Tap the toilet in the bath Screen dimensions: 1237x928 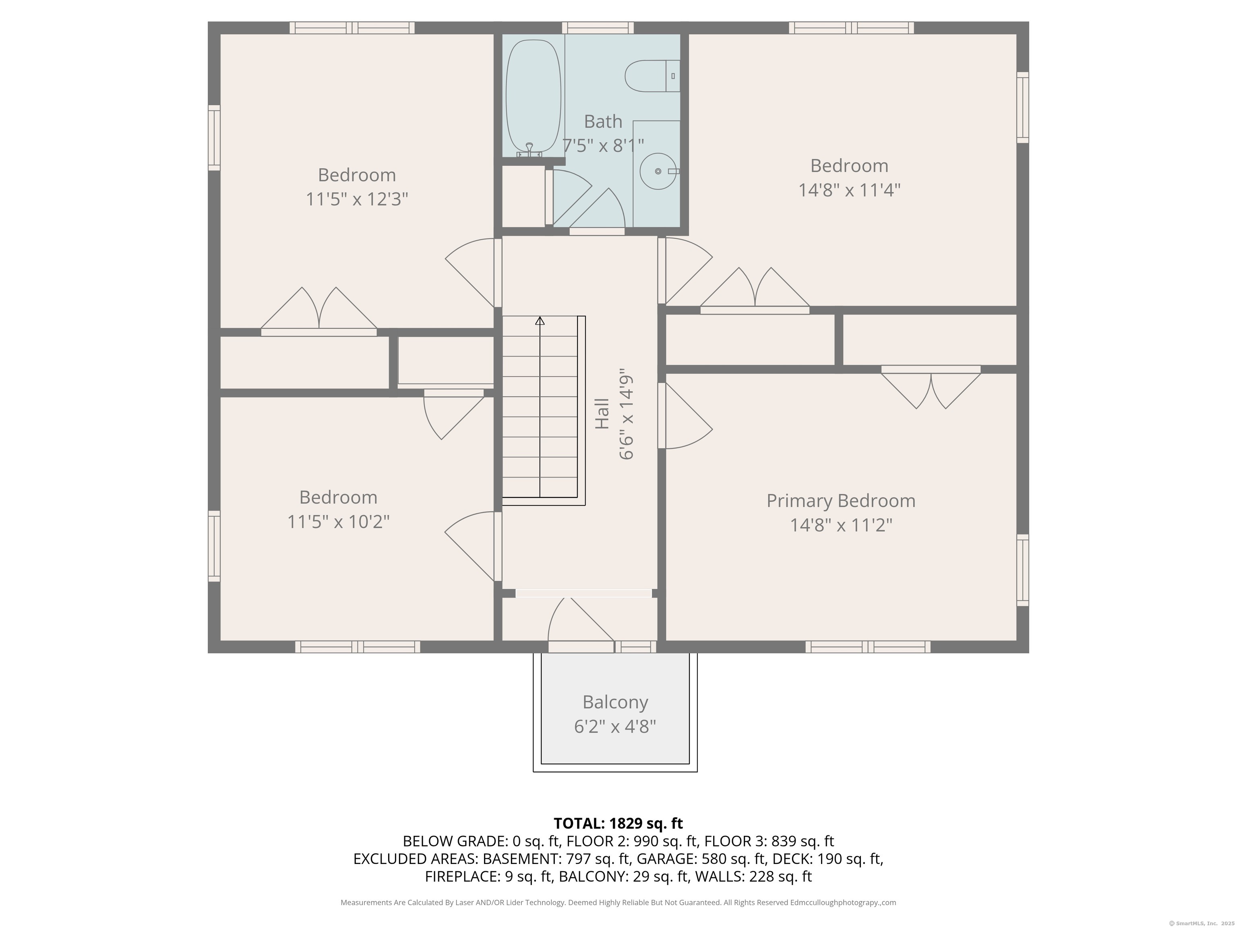(x=652, y=76)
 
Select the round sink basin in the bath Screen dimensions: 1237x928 (x=658, y=171)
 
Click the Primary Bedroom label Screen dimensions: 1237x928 (x=840, y=501)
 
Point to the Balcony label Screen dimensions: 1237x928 (x=615, y=702)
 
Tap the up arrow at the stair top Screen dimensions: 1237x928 (x=540, y=321)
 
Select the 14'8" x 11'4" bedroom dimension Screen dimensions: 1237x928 (x=849, y=190)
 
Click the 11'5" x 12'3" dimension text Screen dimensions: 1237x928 (x=357, y=199)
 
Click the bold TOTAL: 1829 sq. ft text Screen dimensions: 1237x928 (x=618, y=823)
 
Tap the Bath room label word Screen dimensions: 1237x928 (x=603, y=121)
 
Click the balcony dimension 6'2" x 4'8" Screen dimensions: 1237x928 (x=615, y=727)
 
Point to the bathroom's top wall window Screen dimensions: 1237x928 (x=598, y=28)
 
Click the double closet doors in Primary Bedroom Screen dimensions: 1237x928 (x=931, y=387)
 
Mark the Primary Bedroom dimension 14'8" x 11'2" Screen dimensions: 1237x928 (x=840, y=525)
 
